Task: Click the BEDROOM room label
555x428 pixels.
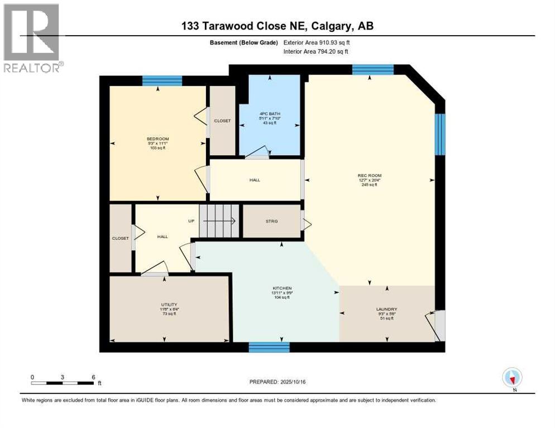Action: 157,139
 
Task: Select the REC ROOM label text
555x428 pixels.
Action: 369,175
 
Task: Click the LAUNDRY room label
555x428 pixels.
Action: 387,309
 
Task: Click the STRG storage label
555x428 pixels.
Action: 271,221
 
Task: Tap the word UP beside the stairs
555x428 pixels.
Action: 191,221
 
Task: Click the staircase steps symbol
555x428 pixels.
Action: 219,221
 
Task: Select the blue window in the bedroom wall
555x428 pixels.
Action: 162,81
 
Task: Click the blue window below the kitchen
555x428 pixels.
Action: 269,347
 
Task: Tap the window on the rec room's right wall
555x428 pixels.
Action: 440,134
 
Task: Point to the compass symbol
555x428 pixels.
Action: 511,378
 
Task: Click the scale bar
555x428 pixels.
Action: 63,382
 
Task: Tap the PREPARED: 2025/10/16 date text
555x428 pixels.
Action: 277,382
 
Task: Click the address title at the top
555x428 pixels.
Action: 277,26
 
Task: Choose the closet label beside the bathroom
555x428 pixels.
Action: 222,120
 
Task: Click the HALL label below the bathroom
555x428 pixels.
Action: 255,179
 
